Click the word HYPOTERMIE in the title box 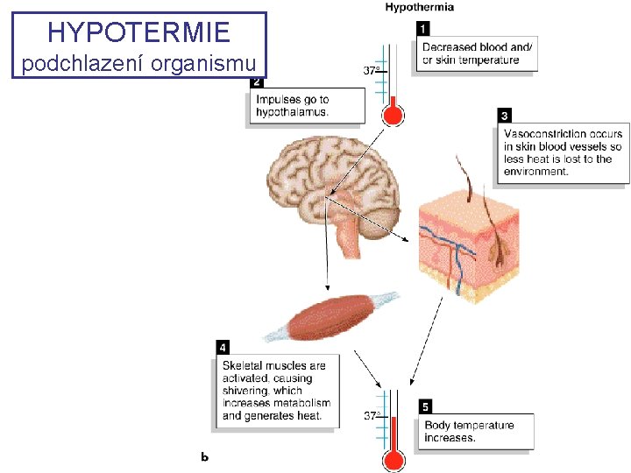pyautogui.click(x=138, y=32)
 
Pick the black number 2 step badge pyautogui.click(x=257, y=82)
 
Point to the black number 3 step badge pyautogui.click(x=505, y=116)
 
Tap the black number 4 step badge pyautogui.click(x=224, y=348)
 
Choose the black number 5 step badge pyautogui.click(x=425, y=407)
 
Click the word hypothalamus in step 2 pyautogui.click(x=292, y=112)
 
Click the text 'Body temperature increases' pyautogui.click(x=469, y=431)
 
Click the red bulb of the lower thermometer pyautogui.click(x=392, y=461)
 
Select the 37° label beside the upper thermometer pyautogui.click(x=372, y=70)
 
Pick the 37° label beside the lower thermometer pyautogui.click(x=372, y=416)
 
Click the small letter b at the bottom pyautogui.click(x=204, y=455)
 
